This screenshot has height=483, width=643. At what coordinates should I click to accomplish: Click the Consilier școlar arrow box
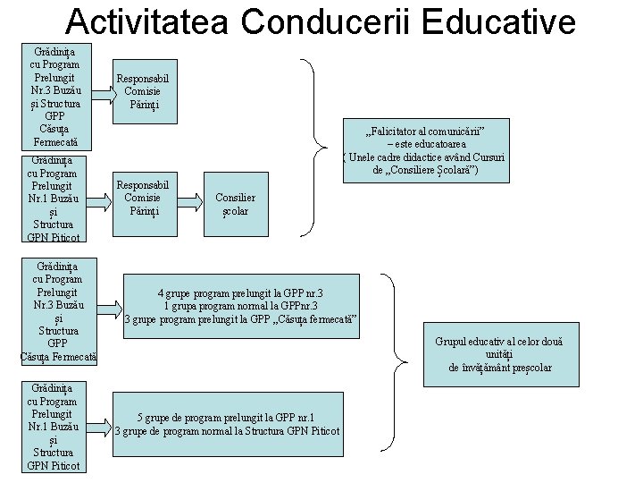point(235,205)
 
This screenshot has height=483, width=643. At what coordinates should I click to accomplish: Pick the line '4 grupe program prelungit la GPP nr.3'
point(240,292)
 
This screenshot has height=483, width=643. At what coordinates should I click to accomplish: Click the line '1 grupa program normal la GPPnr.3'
point(240,305)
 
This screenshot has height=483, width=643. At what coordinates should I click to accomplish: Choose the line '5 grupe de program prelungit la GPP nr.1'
point(225,418)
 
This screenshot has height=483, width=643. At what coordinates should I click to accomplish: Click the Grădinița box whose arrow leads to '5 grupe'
point(54,427)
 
